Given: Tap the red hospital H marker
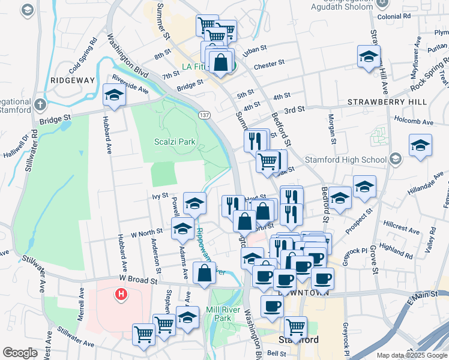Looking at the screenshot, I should point(121,294).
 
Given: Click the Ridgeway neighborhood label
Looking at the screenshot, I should point(73,80).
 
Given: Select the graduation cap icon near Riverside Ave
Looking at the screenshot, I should point(113,94).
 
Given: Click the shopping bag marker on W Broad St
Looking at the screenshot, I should point(205,273).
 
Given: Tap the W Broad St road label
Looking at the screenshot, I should point(138,279).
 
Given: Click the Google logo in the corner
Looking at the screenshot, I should point(20,353).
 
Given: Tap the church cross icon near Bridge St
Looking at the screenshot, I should point(40,104).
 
